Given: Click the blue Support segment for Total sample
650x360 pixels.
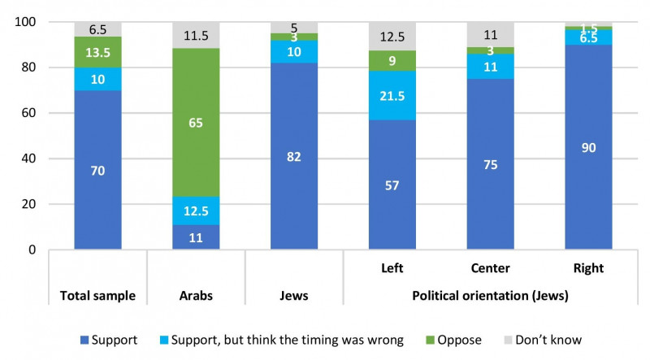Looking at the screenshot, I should (x=97, y=170).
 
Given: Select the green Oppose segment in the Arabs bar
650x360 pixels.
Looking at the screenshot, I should (x=196, y=123).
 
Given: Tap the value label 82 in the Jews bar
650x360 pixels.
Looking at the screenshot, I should (x=294, y=156).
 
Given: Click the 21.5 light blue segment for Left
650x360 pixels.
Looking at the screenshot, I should (x=392, y=95).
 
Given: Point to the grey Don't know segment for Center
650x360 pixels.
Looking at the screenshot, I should (x=490, y=35).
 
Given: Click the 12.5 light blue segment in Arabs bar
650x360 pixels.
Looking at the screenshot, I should (x=196, y=210).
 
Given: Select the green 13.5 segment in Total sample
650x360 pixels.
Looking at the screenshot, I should (x=97, y=52).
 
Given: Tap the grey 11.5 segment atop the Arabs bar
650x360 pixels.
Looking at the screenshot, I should (x=196, y=36).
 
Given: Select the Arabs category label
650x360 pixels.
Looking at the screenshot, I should (x=196, y=296).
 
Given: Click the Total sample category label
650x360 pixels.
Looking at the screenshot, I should (x=97, y=296).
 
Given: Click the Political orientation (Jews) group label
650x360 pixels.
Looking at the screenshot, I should (x=490, y=296).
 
